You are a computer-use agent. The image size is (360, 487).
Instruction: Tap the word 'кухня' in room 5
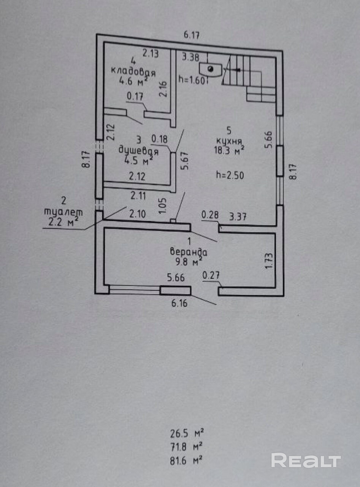[229, 140]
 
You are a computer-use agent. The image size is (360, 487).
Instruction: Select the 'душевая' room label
[138, 151]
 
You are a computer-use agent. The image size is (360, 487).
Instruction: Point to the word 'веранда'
[189, 252]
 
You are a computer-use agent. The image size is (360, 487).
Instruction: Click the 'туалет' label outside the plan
[64, 212]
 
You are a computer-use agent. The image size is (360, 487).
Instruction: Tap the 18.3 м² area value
[229, 151]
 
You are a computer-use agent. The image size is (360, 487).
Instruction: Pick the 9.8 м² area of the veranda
[189, 262]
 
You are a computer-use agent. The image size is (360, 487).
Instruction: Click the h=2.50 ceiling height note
[230, 175]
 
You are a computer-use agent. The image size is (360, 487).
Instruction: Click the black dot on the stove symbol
[211, 69]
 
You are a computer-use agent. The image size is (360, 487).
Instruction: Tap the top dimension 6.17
[192, 35]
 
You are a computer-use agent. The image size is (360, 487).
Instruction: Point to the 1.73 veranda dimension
[270, 261]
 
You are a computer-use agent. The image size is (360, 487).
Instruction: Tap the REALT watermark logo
[306, 454]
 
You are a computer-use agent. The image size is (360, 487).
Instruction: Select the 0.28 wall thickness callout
[210, 215]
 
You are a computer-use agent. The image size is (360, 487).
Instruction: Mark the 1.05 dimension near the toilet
[163, 206]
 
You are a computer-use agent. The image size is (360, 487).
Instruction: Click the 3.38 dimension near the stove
[190, 57]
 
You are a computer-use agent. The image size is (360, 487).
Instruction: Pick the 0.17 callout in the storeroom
[135, 96]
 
